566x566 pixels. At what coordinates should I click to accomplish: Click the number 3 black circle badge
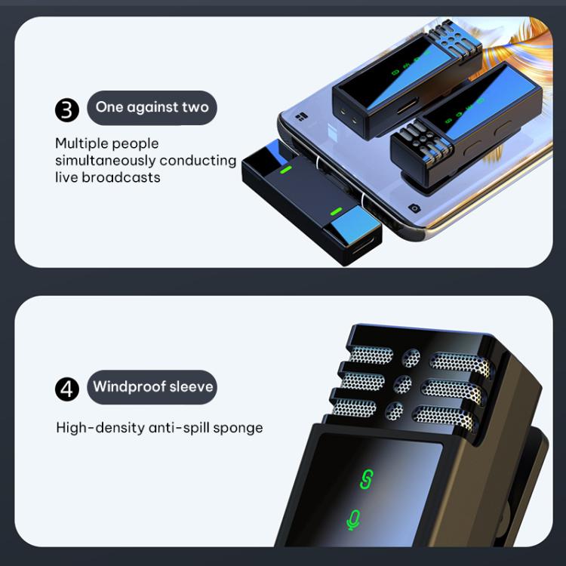tap(67, 109)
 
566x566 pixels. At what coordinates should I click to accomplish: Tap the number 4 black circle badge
tap(67, 389)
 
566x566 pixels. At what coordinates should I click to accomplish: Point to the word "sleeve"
tap(192, 386)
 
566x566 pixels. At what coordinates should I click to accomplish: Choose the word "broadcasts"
tap(121, 177)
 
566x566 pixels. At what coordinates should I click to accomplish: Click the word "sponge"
tap(238, 429)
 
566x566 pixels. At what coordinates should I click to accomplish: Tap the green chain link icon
tap(367, 479)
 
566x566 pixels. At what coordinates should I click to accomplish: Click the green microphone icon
tap(353, 520)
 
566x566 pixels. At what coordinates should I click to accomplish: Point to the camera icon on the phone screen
tap(414, 208)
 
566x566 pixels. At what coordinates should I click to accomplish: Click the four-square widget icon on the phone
tap(301, 117)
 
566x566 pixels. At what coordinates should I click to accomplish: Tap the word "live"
tap(66, 177)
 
